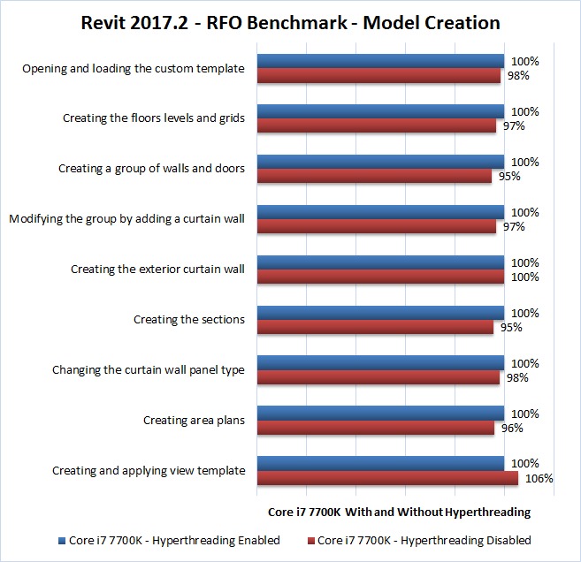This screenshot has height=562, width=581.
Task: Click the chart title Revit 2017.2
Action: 290,23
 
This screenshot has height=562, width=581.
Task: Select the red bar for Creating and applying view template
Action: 387,478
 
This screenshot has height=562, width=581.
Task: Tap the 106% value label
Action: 539,479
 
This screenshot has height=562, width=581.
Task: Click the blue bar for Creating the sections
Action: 380,313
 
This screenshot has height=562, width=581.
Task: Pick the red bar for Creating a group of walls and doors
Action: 374,176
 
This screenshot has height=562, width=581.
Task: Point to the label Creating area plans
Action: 194,421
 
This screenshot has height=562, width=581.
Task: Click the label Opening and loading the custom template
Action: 133,68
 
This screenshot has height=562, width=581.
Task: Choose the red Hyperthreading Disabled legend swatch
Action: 310,540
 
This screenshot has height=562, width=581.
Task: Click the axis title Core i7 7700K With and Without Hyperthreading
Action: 399,512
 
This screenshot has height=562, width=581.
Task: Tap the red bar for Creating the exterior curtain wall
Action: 380,277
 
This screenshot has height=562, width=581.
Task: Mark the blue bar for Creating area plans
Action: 380,414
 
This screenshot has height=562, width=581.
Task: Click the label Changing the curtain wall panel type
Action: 149,370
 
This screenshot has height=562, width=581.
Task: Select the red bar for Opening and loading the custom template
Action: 378,75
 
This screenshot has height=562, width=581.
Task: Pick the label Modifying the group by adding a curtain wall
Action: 126,219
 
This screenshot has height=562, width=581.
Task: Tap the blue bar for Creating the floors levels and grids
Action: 380,111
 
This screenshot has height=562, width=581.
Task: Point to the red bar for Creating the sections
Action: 375,327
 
